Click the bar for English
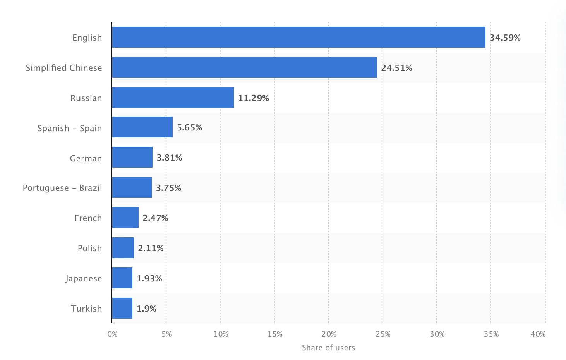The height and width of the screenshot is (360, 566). pyautogui.click(x=298, y=37)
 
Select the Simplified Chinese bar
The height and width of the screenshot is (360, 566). pyautogui.click(x=244, y=67)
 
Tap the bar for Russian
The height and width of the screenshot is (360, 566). pyautogui.click(x=173, y=98)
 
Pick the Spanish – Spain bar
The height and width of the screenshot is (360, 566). pyautogui.click(x=142, y=127)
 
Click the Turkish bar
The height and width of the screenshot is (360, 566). pyautogui.click(x=122, y=308)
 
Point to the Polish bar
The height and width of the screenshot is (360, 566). pyautogui.click(x=123, y=248)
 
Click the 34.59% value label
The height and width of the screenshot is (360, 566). pyautogui.click(x=505, y=38)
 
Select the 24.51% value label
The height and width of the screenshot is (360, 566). pyautogui.click(x=396, y=68)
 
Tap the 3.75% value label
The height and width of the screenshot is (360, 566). pyautogui.click(x=168, y=188)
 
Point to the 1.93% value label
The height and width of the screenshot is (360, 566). pyautogui.click(x=149, y=278)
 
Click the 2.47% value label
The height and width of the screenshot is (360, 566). pyautogui.click(x=155, y=218)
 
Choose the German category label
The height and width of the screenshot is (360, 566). pyautogui.click(x=86, y=158)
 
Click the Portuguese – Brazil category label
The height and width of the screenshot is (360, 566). pyautogui.click(x=62, y=188)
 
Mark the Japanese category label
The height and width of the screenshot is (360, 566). pyautogui.click(x=84, y=278)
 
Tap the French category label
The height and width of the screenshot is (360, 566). pyautogui.click(x=88, y=218)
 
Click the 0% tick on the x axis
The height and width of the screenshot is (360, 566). pyautogui.click(x=112, y=334)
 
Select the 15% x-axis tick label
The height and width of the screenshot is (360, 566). pyautogui.click(x=275, y=334)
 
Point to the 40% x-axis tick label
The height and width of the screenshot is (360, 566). pyautogui.click(x=538, y=334)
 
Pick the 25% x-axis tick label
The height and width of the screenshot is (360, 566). pyautogui.click(x=383, y=334)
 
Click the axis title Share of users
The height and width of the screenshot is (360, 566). pyautogui.click(x=328, y=348)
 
